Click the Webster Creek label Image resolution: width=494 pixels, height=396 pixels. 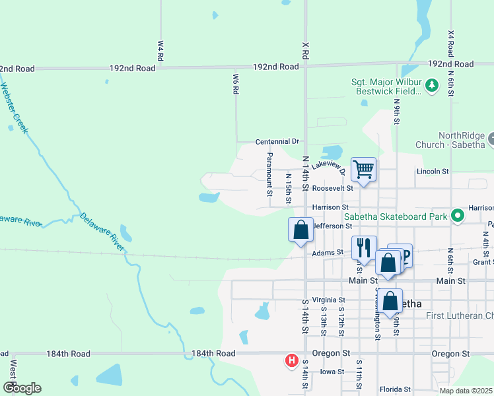pyautogui.click(x=14, y=108)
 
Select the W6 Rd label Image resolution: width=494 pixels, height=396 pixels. pyautogui.click(x=235, y=83)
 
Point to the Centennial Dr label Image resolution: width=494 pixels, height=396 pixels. pyautogui.click(x=277, y=141)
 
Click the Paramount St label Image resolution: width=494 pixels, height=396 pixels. pyautogui.click(x=269, y=175)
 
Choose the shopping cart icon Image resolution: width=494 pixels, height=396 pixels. pyautogui.click(x=363, y=170)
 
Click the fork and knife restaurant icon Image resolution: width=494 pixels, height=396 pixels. pyautogui.click(x=363, y=248)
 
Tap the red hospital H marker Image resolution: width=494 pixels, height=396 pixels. pyautogui.click(x=290, y=360)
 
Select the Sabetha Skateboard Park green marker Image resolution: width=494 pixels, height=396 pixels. pyautogui.click(x=457, y=215)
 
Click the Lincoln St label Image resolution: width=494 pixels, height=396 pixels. pyautogui.click(x=433, y=171)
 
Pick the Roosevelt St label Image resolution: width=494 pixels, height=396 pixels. pyautogui.click(x=332, y=187)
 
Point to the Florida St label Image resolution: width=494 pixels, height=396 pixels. pyautogui.click(x=395, y=389)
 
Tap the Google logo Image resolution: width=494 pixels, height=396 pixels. pyautogui.click(x=21, y=387)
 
